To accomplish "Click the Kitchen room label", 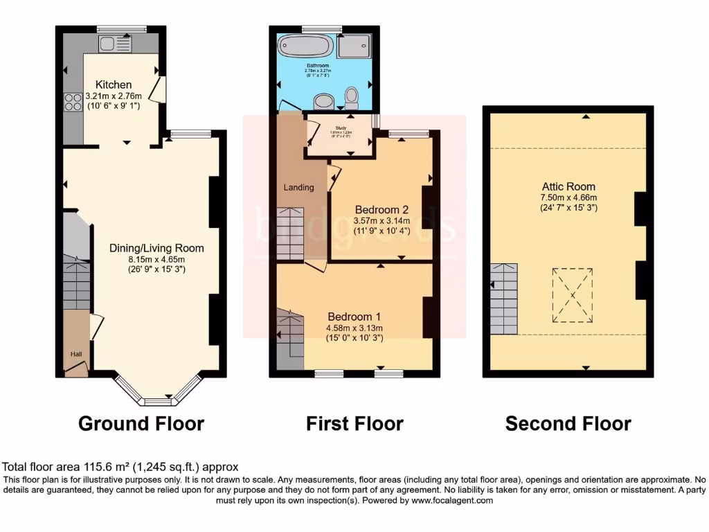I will (x=114, y=85).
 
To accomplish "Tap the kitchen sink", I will (x=115, y=44).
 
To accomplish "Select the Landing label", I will (x=298, y=187).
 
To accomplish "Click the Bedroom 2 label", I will (x=382, y=210).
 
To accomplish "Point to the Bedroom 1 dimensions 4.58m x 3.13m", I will (x=354, y=328).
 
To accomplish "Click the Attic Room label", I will (x=569, y=186).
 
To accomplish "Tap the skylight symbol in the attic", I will (x=573, y=296).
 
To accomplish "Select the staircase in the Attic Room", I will (x=504, y=299).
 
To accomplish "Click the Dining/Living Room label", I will (x=156, y=247).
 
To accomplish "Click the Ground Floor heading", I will (x=141, y=423).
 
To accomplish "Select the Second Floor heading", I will (x=568, y=423).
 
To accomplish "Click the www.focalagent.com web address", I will (x=452, y=500).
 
